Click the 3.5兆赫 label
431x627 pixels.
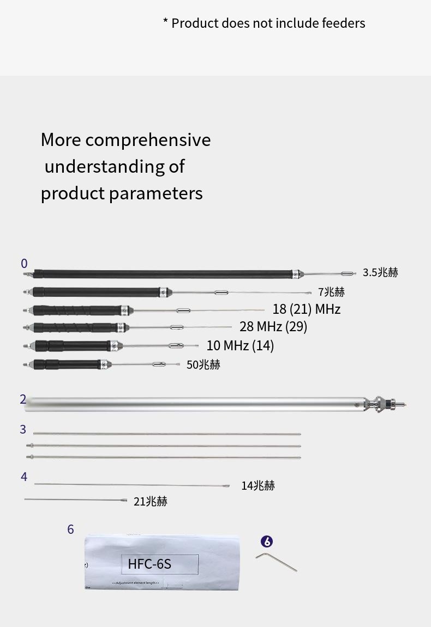(x=380, y=272)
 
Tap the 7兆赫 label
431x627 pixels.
(x=331, y=292)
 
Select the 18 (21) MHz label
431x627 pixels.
(x=306, y=309)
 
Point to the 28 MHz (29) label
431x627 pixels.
(x=273, y=326)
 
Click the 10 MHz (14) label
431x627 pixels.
(x=240, y=345)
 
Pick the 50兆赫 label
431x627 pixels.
(x=203, y=365)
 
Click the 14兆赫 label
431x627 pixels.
(x=258, y=485)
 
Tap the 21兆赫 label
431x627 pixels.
(x=150, y=501)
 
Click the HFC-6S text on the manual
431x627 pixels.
(x=149, y=564)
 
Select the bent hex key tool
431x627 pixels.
(x=276, y=561)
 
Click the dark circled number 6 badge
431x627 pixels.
(x=266, y=541)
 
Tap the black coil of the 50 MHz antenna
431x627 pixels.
(x=65, y=364)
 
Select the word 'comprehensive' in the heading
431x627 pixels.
(x=148, y=140)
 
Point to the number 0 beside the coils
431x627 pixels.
(x=24, y=264)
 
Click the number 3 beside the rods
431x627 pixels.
(x=23, y=429)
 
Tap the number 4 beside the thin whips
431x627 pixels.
(x=24, y=477)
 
